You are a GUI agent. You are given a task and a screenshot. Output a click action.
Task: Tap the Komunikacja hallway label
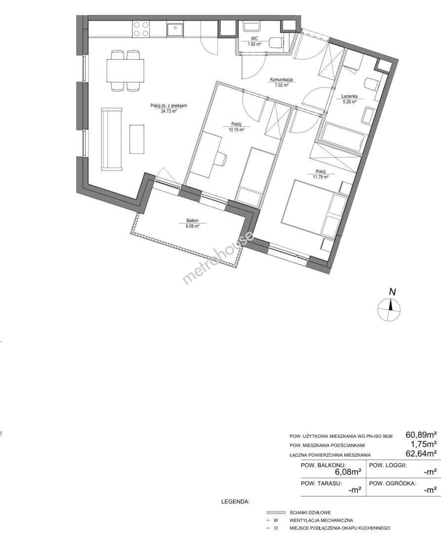pyautogui.click(x=281, y=80)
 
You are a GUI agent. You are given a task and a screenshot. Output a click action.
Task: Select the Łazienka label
pyautogui.click(x=349, y=96)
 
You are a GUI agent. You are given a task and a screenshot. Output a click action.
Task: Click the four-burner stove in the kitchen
pyautogui.click(x=141, y=29)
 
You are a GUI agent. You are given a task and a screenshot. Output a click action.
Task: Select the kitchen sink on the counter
pyautogui.click(x=175, y=30)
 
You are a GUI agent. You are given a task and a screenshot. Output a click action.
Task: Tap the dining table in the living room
pyautogui.click(x=125, y=71)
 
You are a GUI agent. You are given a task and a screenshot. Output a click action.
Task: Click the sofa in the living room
pyautogui.click(x=112, y=139)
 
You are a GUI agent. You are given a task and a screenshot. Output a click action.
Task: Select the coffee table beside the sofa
pyautogui.click(x=137, y=139)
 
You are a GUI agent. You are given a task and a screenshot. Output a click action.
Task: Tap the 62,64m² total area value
pyautogui.click(x=421, y=453)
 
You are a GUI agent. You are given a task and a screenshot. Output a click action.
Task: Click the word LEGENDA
pyautogui.click(x=235, y=501)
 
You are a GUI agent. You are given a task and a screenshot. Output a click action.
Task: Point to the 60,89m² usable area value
pyautogui.click(x=421, y=434)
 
